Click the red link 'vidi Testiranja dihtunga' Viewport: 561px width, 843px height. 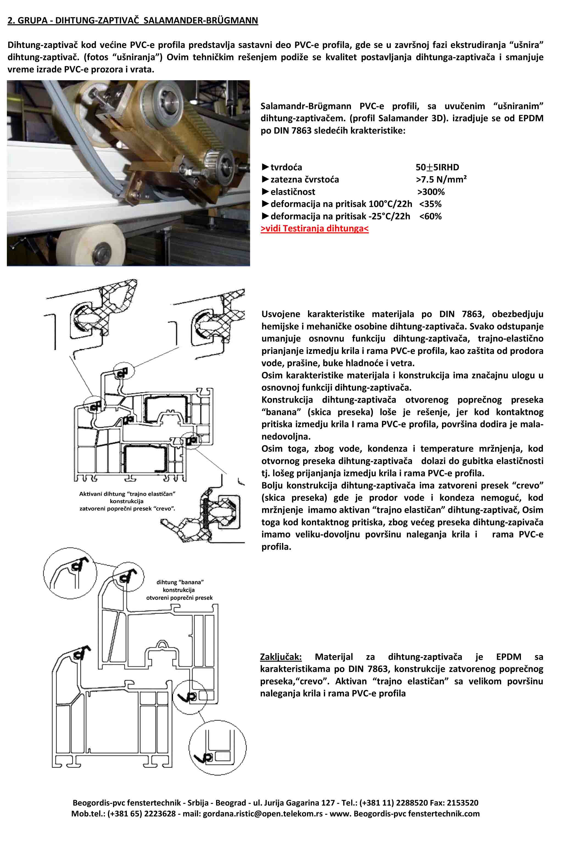[314, 228]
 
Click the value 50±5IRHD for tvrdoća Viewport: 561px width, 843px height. [437, 167]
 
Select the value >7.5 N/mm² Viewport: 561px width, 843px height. [441, 179]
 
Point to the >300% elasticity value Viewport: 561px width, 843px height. [431, 192]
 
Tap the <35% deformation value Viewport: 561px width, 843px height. [430, 204]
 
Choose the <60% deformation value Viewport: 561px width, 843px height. [430, 216]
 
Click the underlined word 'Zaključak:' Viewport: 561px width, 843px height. [281, 657]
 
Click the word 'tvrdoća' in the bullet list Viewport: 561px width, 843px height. [286, 167]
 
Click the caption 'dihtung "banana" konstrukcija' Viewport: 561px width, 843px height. [180, 590]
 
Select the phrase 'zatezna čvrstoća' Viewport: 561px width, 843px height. [305, 179]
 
